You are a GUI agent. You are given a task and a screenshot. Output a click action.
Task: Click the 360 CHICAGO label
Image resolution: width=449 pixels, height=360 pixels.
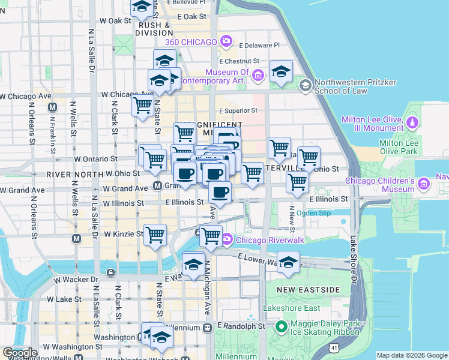191,42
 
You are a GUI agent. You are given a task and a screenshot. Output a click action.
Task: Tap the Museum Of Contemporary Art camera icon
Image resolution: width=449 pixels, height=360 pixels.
258,75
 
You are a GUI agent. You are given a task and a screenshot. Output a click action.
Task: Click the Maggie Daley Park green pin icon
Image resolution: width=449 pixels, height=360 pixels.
280,328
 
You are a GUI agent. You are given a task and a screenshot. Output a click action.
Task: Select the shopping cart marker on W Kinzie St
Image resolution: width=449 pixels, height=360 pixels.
155,234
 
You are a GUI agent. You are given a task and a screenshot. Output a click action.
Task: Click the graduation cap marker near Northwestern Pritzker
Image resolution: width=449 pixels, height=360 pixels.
281,72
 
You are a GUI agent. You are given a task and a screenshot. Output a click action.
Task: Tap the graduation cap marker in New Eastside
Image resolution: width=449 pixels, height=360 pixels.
288,262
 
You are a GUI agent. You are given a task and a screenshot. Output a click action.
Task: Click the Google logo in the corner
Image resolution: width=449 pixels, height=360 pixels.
20,353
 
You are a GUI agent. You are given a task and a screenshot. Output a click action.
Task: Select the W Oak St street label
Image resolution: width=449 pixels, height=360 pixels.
115,20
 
